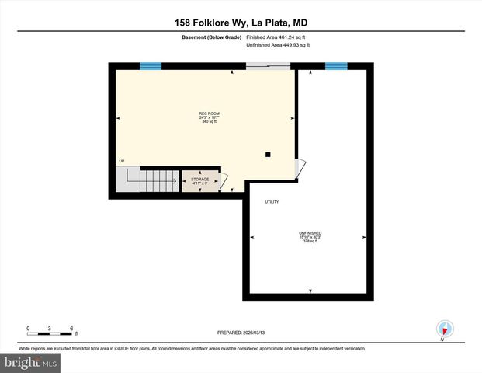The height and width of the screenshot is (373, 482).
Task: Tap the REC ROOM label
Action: pos(209,113)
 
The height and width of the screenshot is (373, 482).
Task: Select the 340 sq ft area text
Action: pos(209,122)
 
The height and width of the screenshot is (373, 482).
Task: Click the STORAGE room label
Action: pos(200,179)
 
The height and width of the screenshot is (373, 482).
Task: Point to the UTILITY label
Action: pos(272,202)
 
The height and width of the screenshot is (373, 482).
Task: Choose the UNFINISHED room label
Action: pos(310,233)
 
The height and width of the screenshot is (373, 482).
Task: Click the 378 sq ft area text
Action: pos(310,242)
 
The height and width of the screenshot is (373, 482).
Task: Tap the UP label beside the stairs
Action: pos(122,161)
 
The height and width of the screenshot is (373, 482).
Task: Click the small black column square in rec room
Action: pos(268,154)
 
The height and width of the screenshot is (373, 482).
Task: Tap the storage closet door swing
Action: pos(224,182)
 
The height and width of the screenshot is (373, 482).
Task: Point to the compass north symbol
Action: pos(445,329)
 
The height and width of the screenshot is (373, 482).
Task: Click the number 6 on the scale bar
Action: pos(71,329)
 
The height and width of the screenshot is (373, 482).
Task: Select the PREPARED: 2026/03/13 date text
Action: pos(241,332)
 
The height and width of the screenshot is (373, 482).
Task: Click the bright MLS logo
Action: pos(31,363)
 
